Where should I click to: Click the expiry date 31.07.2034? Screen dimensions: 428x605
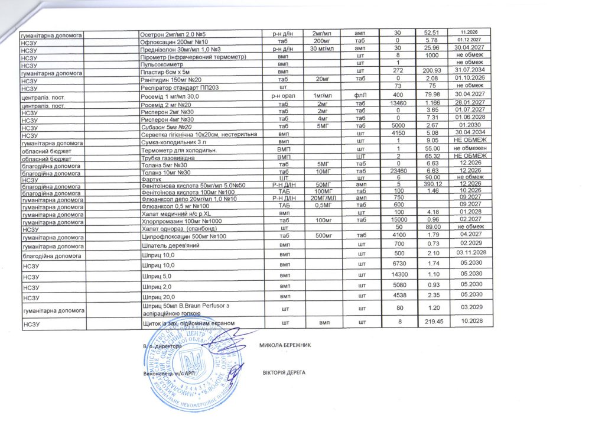(467, 71)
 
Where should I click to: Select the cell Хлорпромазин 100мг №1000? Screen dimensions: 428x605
(179, 221)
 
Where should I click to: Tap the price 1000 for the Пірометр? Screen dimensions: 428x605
(430, 56)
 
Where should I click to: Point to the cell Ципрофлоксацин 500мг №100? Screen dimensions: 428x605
(180, 236)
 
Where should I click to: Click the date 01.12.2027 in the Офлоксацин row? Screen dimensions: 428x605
(467, 40)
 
